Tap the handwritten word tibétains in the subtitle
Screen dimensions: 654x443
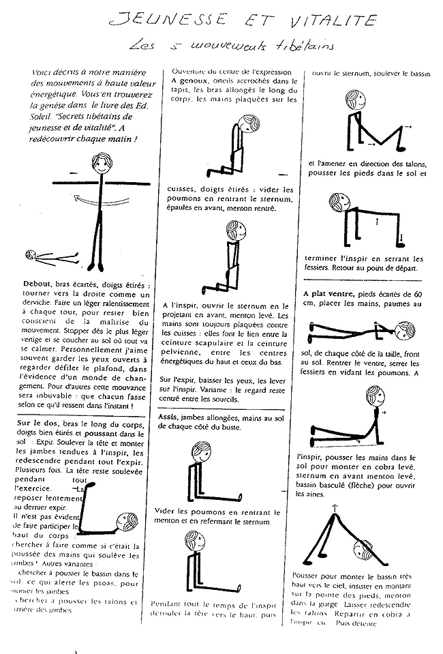pyautogui.click(x=309, y=46)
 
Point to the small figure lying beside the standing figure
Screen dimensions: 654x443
pyautogui.click(x=51, y=256)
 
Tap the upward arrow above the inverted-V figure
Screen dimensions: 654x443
pyautogui.click(x=335, y=506)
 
